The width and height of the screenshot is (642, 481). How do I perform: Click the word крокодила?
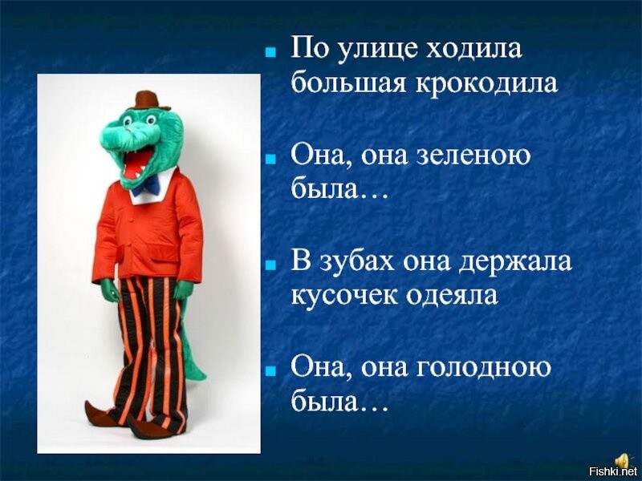point(487,83)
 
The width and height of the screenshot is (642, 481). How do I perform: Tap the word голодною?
point(484,368)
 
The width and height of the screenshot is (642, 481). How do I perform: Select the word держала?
point(514,262)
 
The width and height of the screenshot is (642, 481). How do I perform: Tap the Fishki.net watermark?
point(612,471)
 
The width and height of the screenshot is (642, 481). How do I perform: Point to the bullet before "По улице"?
point(270,53)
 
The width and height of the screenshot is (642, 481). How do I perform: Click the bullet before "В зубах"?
point(270,265)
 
